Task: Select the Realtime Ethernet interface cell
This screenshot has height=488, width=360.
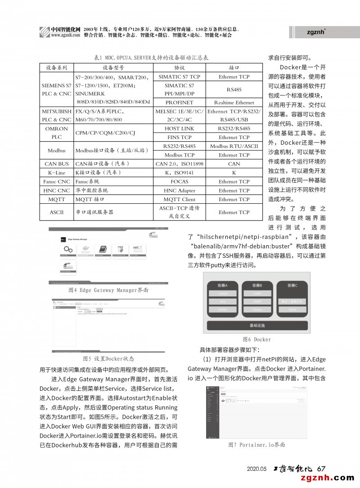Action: (x=234, y=103)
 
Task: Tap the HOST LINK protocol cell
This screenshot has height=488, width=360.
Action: (x=179, y=129)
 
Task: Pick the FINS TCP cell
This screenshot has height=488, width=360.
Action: (x=179, y=137)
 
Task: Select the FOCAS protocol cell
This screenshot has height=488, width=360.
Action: (x=179, y=182)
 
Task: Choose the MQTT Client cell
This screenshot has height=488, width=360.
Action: (x=179, y=199)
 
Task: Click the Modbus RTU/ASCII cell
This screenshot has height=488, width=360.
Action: (x=234, y=146)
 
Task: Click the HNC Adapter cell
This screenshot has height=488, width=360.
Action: (x=179, y=191)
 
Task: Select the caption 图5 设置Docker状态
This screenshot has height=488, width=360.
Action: (x=108, y=359)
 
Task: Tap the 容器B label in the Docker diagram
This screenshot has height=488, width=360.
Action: (x=257, y=286)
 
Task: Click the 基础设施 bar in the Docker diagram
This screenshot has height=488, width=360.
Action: (x=257, y=325)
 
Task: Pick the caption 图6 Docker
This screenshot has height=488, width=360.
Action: (x=256, y=339)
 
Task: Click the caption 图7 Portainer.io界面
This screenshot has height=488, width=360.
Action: (x=256, y=445)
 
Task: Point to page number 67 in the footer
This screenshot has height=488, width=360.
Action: (x=321, y=468)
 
